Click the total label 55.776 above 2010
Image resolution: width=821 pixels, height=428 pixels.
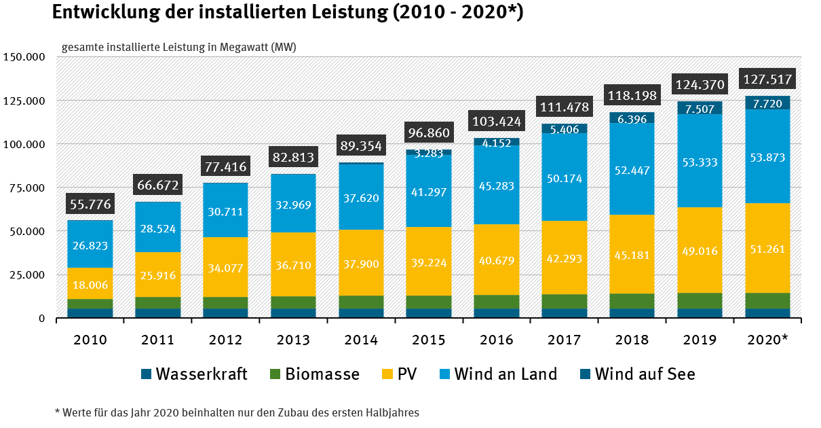coord(90,204)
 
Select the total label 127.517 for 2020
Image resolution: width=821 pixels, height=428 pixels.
coord(768,79)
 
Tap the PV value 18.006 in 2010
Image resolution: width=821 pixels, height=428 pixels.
coord(90,285)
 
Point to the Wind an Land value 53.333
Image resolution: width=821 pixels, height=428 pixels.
coord(700,162)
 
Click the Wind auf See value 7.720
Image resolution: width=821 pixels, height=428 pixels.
coord(768,103)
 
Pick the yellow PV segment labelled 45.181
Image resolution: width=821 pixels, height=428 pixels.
coord(632,255)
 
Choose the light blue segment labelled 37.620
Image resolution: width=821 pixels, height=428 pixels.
coord(361,198)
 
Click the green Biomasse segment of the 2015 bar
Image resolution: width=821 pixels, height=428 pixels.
coord(429,302)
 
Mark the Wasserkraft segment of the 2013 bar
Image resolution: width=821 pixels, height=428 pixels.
coord(293,313)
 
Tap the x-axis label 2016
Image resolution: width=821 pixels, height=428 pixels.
coord(497,340)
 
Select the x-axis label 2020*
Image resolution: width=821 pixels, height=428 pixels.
coord(768,340)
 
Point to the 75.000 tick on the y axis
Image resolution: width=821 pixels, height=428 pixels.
coord(25,188)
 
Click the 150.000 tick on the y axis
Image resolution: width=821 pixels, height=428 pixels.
coord(24,57)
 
